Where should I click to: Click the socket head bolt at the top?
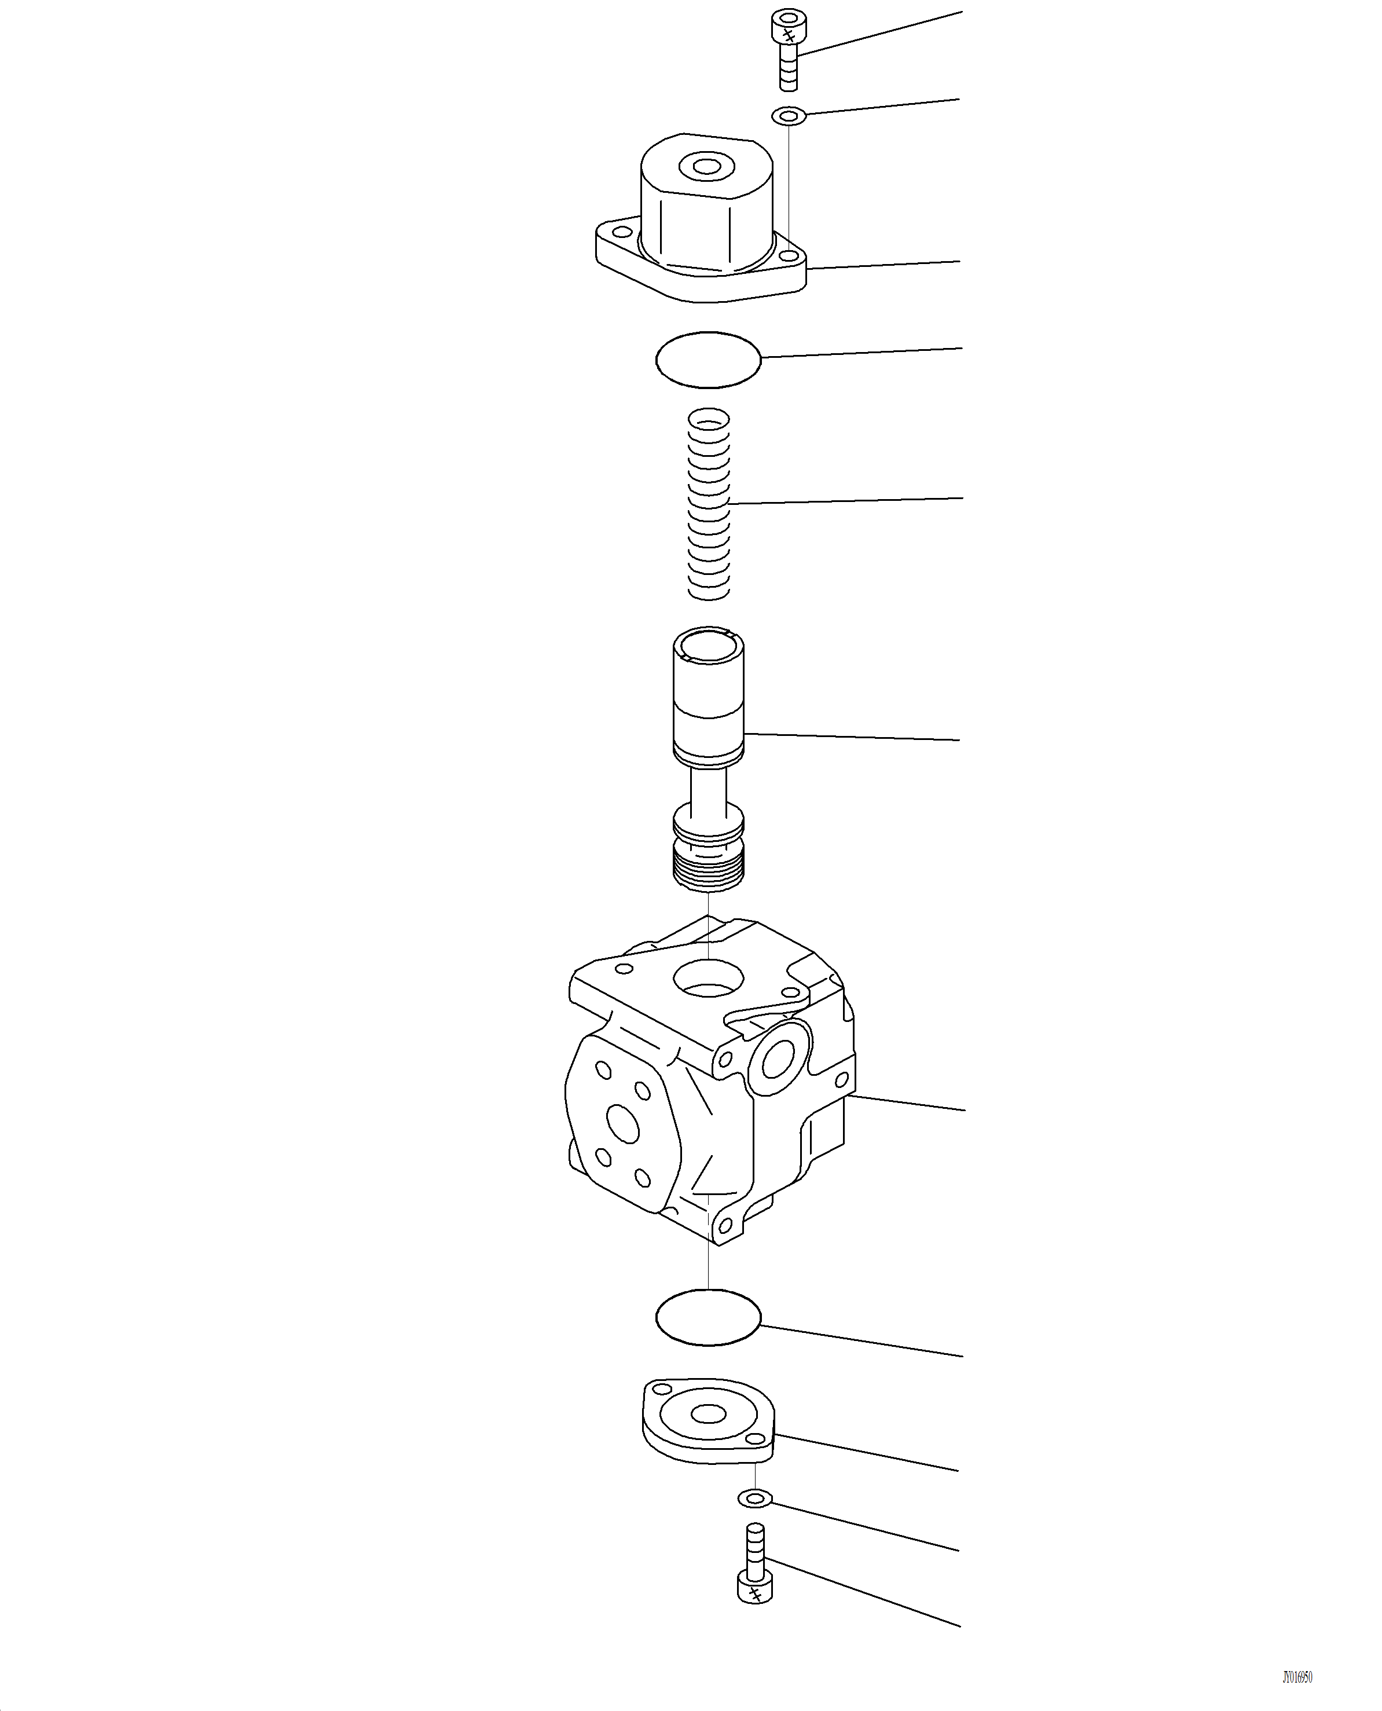tap(786, 49)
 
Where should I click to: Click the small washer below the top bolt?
tap(788, 116)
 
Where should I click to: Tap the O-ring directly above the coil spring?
tap(708, 360)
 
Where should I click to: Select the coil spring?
tap(708, 503)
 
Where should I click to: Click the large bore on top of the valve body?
tap(708, 978)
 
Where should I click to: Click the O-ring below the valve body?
tap(708, 1318)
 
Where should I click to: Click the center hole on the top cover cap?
tap(705, 166)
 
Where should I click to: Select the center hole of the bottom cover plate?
tap(707, 1414)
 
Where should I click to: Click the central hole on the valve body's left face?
tap(622, 1123)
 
